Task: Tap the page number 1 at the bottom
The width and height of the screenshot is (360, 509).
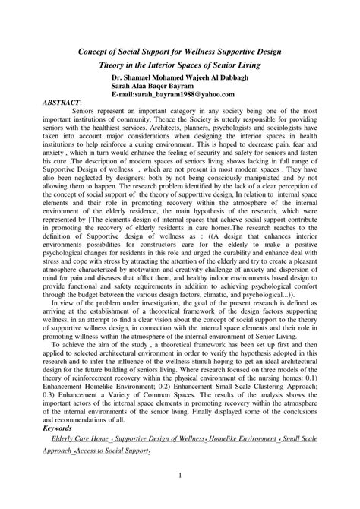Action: click(x=180, y=476)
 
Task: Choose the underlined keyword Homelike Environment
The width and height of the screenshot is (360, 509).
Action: click(x=245, y=439)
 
